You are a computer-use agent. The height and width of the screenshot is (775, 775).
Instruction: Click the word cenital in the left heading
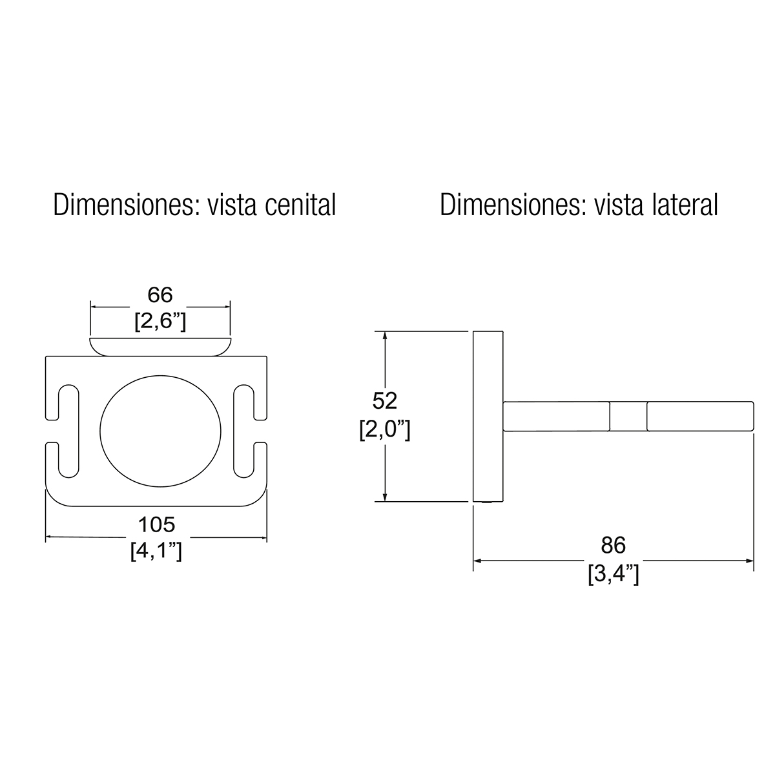click(300, 205)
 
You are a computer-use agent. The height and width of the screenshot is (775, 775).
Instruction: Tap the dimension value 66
click(160, 294)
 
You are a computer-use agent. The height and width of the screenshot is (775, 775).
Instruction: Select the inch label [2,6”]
click(160, 322)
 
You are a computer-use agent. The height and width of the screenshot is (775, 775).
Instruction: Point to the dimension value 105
click(156, 524)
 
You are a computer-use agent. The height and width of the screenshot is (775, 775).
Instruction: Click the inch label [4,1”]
click(156, 551)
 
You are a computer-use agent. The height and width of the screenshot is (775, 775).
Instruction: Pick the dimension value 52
click(385, 400)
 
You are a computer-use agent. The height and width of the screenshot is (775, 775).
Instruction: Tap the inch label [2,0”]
click(385, 430)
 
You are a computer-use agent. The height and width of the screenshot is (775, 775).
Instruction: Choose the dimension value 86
click(614, 545)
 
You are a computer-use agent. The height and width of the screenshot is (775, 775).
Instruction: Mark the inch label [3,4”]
click(614, 574)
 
